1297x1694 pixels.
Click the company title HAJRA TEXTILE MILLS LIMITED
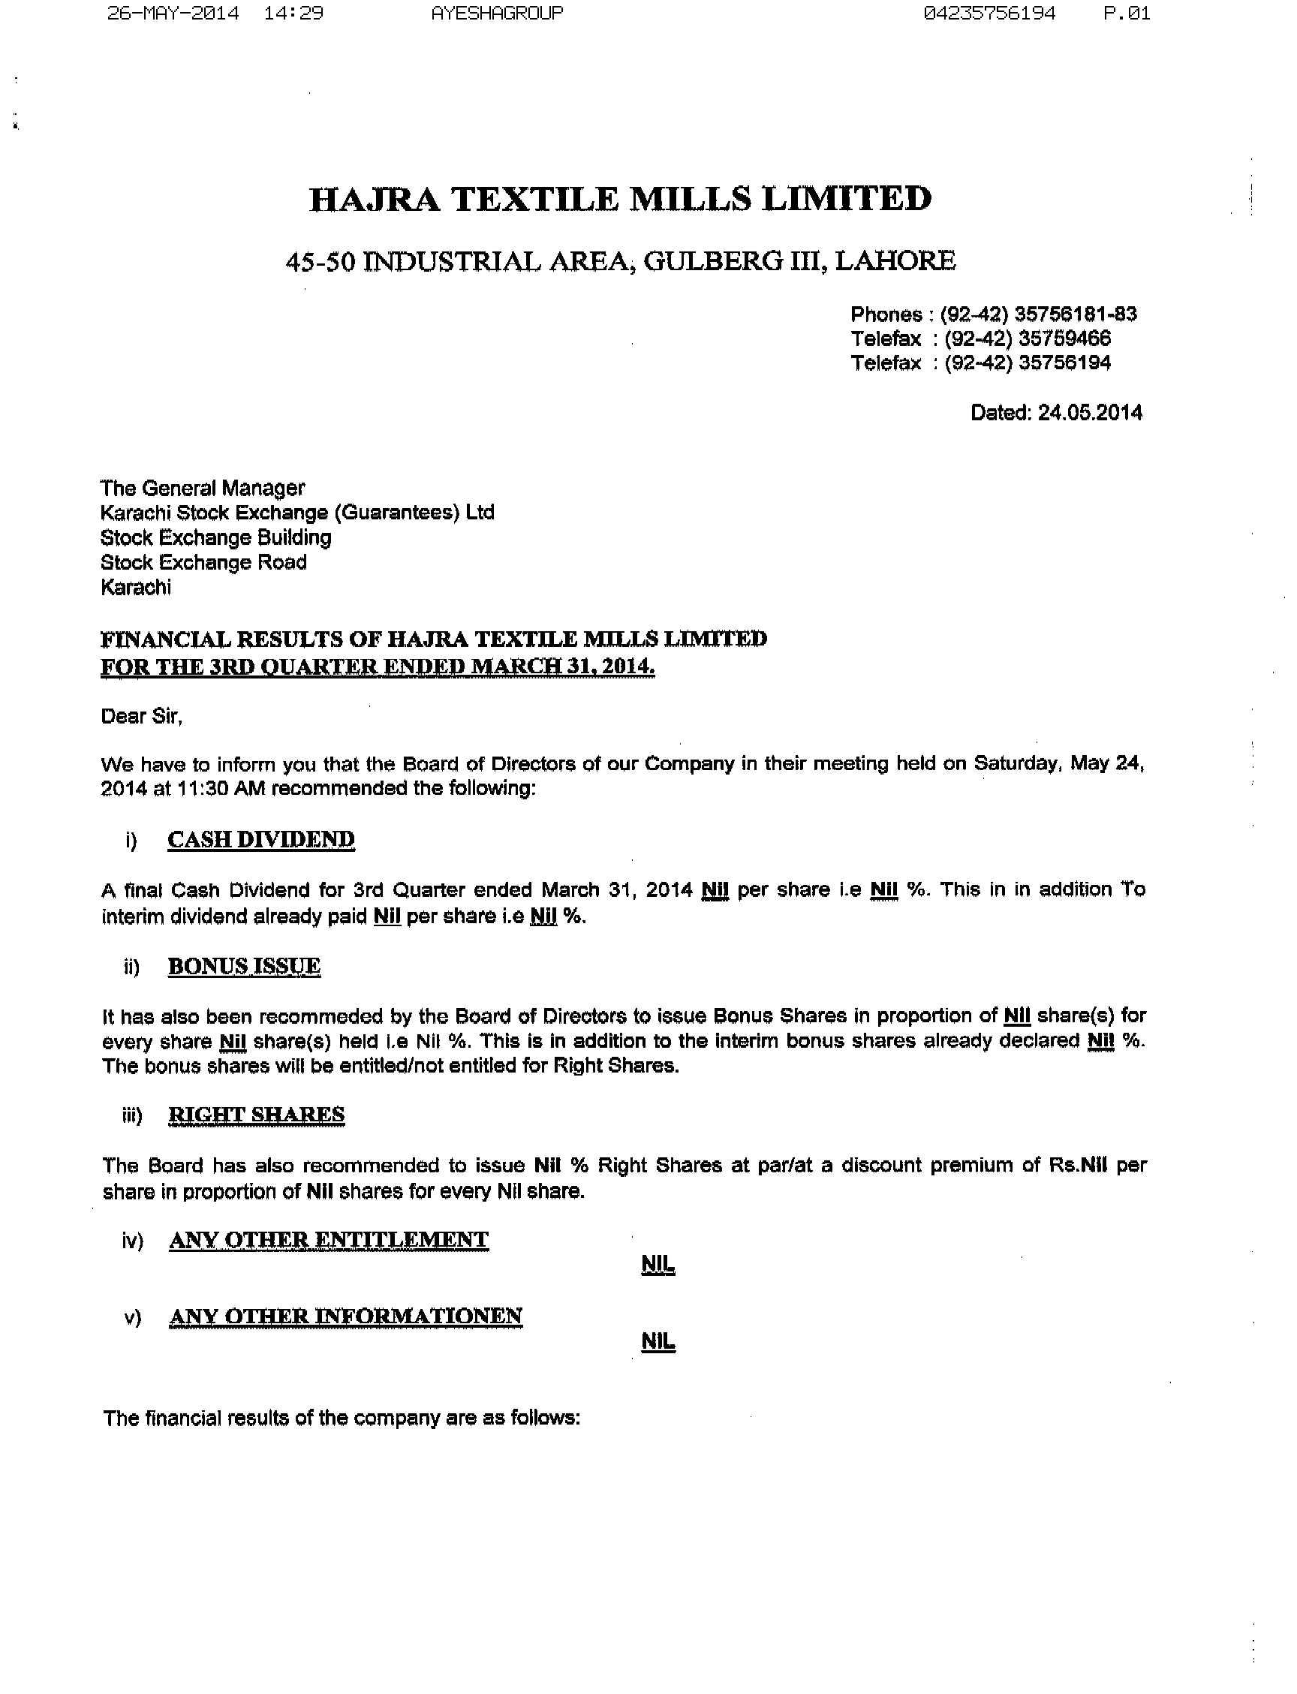(x=620, y=199)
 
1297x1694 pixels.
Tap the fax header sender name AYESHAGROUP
(x=496, y=13)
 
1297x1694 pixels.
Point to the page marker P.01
(x=1127, y=13)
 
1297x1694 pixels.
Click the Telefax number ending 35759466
(x=1064, y=338)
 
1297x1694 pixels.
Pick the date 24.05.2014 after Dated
(x=1089, y=412)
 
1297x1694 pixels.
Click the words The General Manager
(x=202, y=488)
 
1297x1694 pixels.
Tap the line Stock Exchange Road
(x=203, y=562)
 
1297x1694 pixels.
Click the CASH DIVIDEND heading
(x=261, y=839)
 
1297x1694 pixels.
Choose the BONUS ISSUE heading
(x=244, y=966)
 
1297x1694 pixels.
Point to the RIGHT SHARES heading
(x=256, y=1115)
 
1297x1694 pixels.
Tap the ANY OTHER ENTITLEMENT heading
(x=328, y=1239)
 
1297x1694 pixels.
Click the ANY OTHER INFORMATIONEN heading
(x=345, y=1316)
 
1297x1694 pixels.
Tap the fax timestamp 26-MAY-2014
(x=173, y=13)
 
